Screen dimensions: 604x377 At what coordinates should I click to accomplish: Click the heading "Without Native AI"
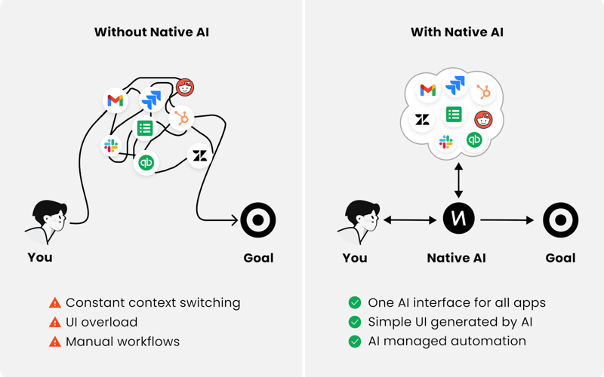point(153,32)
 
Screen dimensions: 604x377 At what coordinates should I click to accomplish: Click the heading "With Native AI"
point(457,32)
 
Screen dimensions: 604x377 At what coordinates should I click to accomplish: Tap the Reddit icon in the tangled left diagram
point(184,88)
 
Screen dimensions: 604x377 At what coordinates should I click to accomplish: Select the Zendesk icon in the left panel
point(200,155)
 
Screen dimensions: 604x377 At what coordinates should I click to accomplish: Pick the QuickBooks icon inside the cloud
point(474,140)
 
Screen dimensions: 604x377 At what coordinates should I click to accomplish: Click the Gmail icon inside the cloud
point(427,90)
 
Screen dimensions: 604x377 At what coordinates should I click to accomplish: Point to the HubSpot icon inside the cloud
point(483,93)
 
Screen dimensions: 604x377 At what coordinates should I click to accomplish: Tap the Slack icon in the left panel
point(111,146)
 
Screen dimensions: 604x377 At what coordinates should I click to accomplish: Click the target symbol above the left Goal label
point(258,221)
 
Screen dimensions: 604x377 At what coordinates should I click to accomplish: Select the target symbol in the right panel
point(560,220)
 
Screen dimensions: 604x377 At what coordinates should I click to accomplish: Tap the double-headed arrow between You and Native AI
point(410,220)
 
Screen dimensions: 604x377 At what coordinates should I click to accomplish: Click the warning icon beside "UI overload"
point(54,322)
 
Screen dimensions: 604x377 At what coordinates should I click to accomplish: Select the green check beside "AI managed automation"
point(354,342)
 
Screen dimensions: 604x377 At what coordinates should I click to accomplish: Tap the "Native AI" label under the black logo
point(457,258)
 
